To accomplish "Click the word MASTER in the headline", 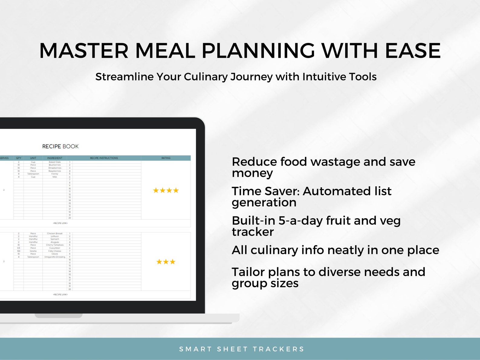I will pyautogui.click(x=84, y=50).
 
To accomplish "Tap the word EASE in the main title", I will pyautogui.click(x=413, y=50).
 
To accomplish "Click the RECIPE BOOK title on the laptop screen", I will pyautogui.click(x=60, y=147).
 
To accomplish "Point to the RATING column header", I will pyautogui.click(x=166, y=158).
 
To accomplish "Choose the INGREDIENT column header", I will pyautogui.click(x=55, y=158).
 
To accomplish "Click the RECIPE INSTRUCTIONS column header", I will pyautogui.click(x=104, y=158).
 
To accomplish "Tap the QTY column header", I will pyautogui.click(x=19, y=158).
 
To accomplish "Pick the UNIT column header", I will pyautogui.click(x=33, y=158).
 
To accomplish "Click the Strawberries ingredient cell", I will pyautogui.click(x=55, y=168).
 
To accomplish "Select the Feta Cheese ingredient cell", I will pyautogui.click(x=55, y=251).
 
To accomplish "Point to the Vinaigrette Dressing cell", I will pyautogui.click(x=55, y=257).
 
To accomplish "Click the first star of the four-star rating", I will pyautogui.click(x=156, y=190).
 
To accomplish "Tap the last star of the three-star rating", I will pyautogui.click(x=173, y=262).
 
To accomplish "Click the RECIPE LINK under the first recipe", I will pyautogui.click(x=60, y=223).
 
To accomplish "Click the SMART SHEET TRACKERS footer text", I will pyautogui.click(x=242, y=349).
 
